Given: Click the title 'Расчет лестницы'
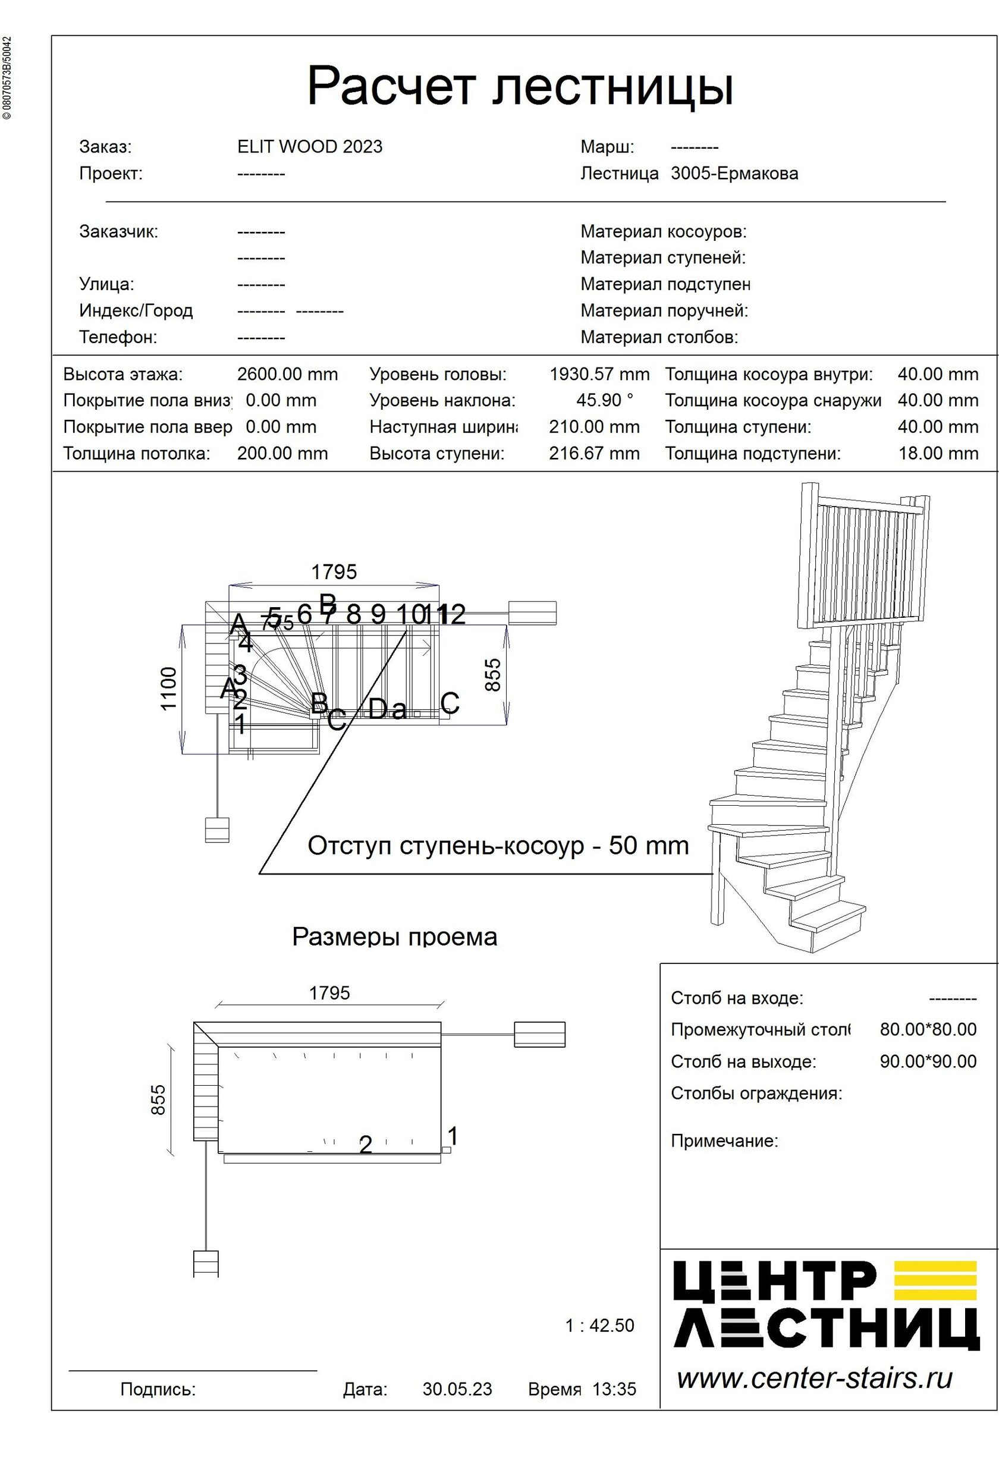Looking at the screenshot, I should [x=519, y=86].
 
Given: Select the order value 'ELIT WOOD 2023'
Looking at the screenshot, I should [x=309, y=146].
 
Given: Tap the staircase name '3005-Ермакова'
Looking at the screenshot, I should [x=734, y=173].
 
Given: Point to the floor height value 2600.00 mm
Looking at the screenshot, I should [x=287, y=374].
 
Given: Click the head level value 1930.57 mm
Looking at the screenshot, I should [x=599, y=374].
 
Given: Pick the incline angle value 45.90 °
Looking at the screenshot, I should [x=604, y=400].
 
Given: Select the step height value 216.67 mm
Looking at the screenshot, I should [x=593, y=453].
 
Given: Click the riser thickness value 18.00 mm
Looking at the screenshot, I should [x=937, y=453].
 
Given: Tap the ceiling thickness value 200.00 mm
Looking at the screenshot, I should [x=282, y=453].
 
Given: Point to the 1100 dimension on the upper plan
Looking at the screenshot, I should [x=168, y=689].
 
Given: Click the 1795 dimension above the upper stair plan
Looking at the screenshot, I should [x=334, y=571].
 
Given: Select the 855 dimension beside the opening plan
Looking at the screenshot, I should [x=158, y=1099].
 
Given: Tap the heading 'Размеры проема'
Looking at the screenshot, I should [x=394, y=937].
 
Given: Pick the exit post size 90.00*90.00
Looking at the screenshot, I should [x=927, y=1061].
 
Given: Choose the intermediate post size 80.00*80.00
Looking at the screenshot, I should [x=927, y=1029].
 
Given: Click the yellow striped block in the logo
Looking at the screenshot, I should [x=935, y=1281].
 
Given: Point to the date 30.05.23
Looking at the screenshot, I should [x=457, y=1388].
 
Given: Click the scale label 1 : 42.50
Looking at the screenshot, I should [x=599, y=1325].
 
